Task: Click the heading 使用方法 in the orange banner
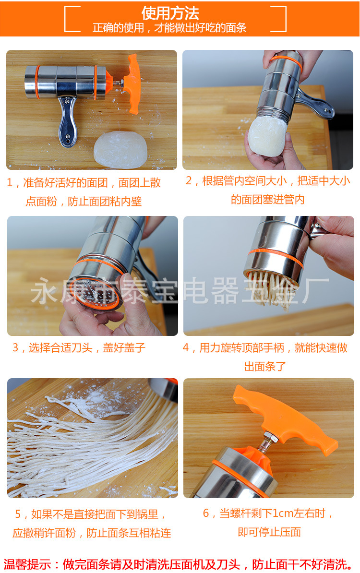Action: pos(170,13)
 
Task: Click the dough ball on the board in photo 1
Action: pos(120,150)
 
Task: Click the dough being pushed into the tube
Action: pos(267,136)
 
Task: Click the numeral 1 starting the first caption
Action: pos(10,182)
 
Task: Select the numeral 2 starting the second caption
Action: pos(189,180)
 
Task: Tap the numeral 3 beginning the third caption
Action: pos(15,347)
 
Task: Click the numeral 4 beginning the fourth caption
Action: pos(186,347)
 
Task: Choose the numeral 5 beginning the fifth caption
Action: pos(18,514)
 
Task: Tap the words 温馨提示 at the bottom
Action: pos(27,564)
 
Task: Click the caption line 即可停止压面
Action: pos(269,532)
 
